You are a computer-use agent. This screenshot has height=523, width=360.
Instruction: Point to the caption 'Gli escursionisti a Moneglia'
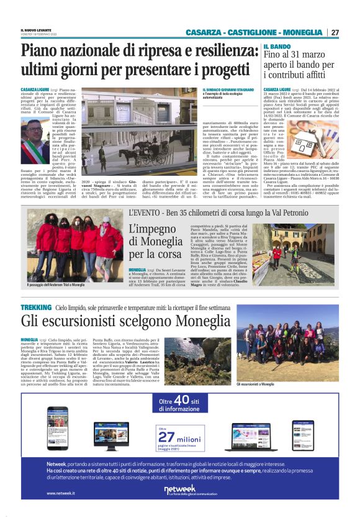[254, 384]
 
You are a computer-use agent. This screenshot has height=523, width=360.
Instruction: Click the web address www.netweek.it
[61, 494]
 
